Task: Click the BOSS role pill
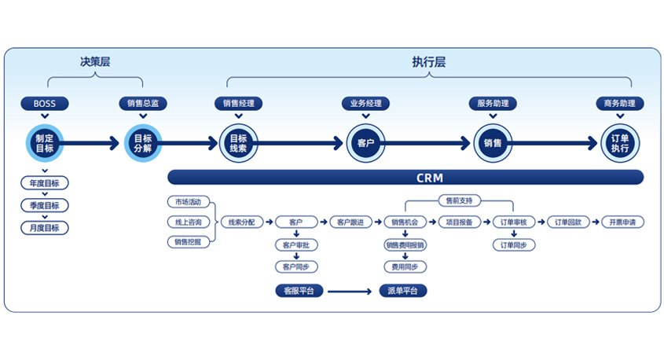(45, 103)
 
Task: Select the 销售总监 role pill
(143, 103)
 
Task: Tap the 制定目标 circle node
(45, 143)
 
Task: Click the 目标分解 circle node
(143, 143)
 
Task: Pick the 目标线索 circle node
(238, 143)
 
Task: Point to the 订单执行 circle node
(620, 143)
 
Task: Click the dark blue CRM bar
(405, 178)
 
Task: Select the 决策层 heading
(95, 62)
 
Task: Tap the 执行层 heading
(428, 62)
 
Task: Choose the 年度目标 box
(45, 183)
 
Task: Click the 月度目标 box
(45, 228)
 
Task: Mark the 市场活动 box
(188, 202)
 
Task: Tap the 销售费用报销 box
(405, 245)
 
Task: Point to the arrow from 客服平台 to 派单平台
(350, 291)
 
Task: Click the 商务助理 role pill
(620, 103)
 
